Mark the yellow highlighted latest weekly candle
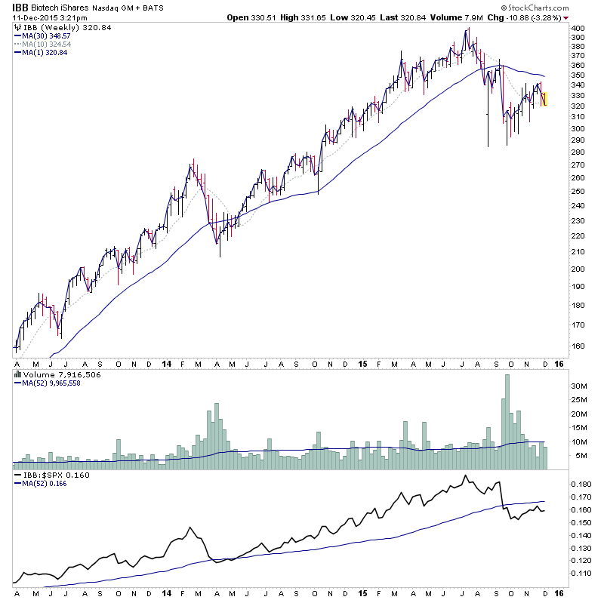(x=545, y=99)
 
